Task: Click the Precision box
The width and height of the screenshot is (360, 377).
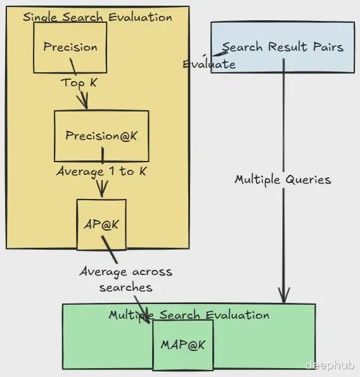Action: (x=70, y=48)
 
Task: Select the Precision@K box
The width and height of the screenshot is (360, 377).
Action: (x=101, y=136)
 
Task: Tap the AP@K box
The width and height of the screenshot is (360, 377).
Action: (x=101, y=224)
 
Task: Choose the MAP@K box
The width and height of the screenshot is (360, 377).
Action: (x=183, y=345)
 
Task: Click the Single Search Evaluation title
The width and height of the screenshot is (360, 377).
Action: (x=98, y=17)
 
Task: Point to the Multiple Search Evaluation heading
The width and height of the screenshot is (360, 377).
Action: (x=189, y=315)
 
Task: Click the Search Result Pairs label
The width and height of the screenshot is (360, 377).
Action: (x=283, y=47)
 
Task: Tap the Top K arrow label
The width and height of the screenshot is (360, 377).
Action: (x=79, y=83)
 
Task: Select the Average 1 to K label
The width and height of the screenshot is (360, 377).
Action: (x=101, y=172)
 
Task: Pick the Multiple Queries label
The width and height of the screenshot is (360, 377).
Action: (x=283, y=180)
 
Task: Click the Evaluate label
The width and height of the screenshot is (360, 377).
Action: (x=209, y=64)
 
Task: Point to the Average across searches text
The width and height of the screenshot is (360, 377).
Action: (x=125, y=279)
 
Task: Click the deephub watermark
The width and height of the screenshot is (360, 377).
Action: (x=330, y=365)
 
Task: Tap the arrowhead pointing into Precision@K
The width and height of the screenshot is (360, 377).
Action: (x=84, y=101)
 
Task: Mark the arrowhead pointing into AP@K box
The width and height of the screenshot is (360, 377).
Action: (x=102, y=189)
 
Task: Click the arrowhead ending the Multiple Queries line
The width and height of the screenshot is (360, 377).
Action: (x=284, y=295)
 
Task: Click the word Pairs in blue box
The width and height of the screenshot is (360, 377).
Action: (x=328, y=47)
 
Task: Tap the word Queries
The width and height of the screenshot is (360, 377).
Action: (x=309, y=180)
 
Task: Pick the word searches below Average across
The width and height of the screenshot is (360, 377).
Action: (x=125, y=287)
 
